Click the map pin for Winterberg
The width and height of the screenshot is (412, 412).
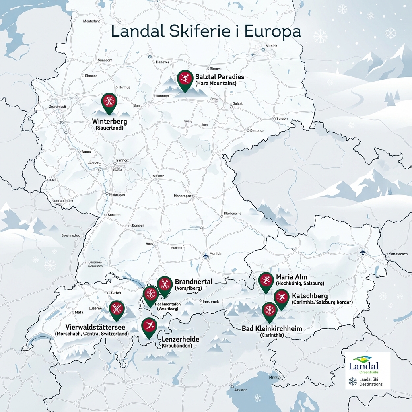[109, 101]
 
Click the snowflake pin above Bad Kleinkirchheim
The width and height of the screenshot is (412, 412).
[269, 311]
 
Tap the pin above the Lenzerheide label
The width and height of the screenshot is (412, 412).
[149, 326]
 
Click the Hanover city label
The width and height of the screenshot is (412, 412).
[162, 62]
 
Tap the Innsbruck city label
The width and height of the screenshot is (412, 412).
[210, 301]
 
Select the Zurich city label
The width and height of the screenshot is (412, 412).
[115, 293]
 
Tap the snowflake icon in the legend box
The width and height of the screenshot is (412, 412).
[352, 381]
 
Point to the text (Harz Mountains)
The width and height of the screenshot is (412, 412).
[215, 83]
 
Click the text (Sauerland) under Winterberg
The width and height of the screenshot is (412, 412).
[109, 128]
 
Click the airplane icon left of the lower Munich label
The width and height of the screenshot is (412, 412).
[206, 255]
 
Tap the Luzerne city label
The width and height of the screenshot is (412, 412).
[95, 308]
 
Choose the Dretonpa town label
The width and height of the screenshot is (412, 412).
[257, 130]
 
